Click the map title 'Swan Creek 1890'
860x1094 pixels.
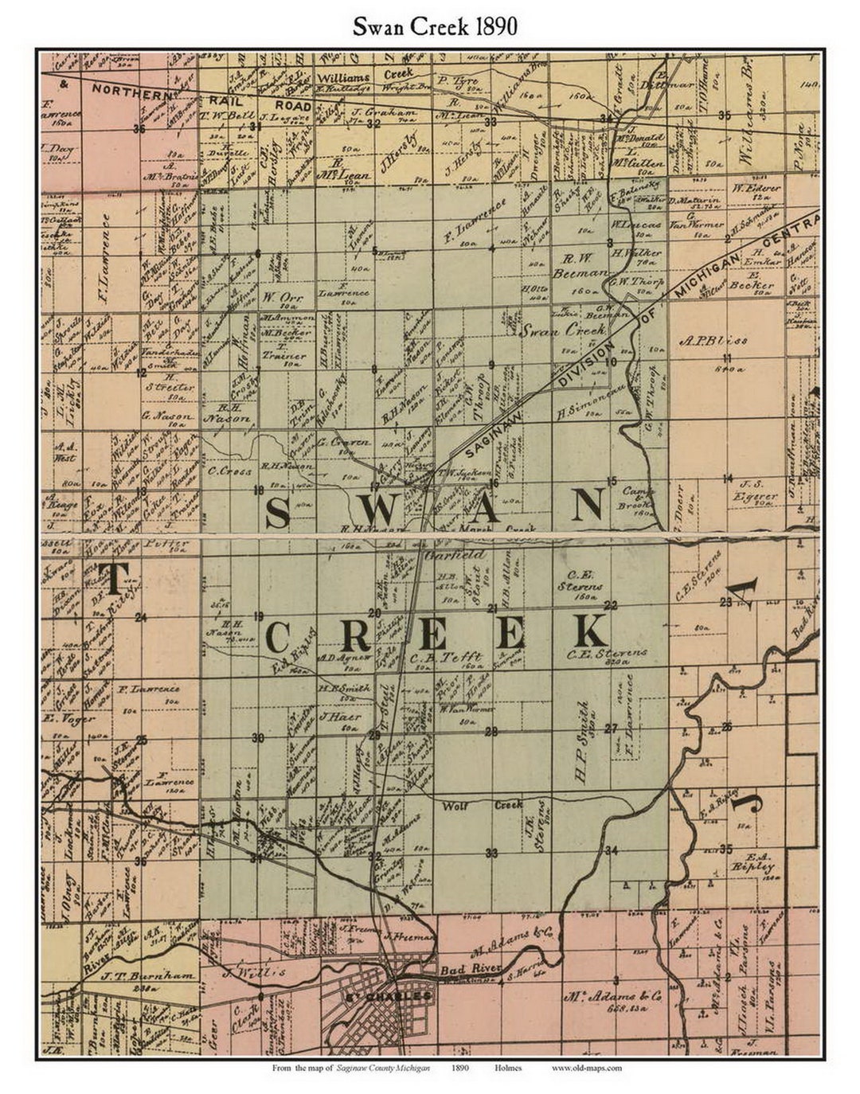point(436,25)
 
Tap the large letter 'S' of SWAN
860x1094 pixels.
point(276,510)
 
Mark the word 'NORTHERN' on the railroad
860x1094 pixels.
point(130,90)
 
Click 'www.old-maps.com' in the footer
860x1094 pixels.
point(586,1068)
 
